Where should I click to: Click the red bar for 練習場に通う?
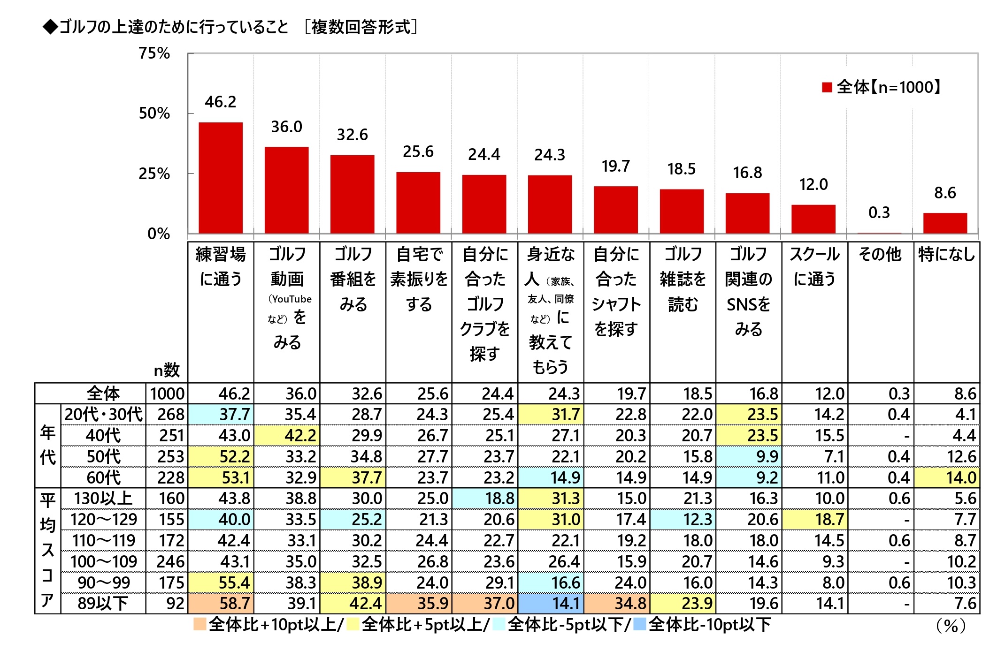coord(221,178)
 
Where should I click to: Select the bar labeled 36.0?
coord(286,190)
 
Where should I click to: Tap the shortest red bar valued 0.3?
coord(879,233)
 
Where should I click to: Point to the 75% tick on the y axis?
coord(154,53)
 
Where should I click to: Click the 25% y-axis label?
coord(154,174)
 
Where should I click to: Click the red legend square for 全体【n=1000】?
coord(827,87)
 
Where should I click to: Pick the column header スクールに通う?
coord(814,266)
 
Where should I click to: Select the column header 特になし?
coord(946,255)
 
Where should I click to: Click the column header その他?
coord(880,255)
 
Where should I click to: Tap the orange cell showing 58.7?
coord(221,603)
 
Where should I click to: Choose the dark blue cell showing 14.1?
coord(551,603)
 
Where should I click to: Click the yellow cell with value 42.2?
coord(287,435)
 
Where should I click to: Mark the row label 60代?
coord(103,477)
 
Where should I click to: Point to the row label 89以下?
coord(103,603)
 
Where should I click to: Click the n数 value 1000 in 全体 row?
coord(167,393)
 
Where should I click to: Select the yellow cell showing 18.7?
coord(815,520)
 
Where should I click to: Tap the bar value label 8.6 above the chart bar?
coord(945,193)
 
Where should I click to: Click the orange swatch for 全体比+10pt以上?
coord(200,624)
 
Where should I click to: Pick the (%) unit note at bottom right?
coord(951,626)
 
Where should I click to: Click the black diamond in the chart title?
coord(50,27)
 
